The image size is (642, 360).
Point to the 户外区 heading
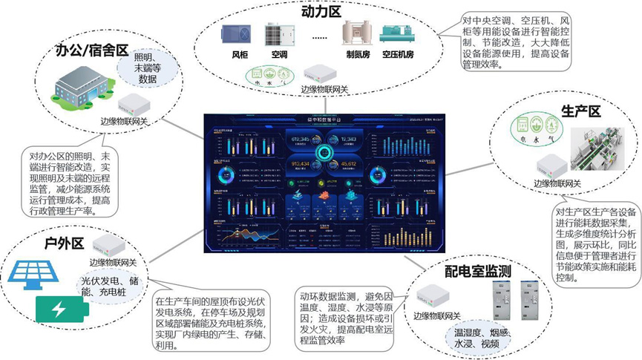[65, 222]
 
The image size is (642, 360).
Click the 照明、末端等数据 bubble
[148, 69]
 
